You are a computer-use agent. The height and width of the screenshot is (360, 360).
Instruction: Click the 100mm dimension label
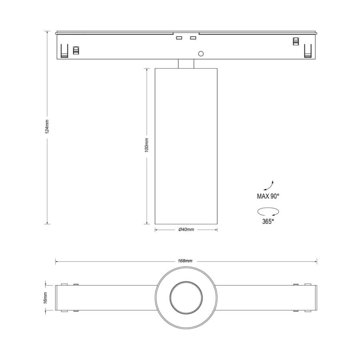click(x=147, y=145)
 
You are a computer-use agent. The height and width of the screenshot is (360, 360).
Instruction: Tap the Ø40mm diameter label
click(x=186, y=230)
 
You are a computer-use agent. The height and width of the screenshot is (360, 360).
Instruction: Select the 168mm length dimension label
click(x=185, y=261)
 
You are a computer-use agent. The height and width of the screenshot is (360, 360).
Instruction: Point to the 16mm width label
click(x=45, y=297)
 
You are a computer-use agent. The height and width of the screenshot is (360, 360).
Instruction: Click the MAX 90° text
click(x=268, y=196)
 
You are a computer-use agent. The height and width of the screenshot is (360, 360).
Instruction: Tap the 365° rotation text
click(x=268, y=221)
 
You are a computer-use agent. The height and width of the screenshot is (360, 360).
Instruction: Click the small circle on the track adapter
click(x=201, y=54)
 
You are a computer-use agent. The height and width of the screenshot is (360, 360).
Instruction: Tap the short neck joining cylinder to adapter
click(x=186, y=64)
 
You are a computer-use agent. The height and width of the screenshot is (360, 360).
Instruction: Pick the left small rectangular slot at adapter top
click(x=179, y=38)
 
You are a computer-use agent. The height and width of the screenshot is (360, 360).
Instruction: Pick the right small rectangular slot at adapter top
click(x=193, y=38)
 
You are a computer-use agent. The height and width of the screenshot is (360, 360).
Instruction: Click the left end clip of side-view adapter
click(x=63, y=51)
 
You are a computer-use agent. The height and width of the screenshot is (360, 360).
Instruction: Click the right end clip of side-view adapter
click(x=307, y=51)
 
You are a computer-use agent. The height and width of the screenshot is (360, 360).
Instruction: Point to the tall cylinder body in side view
click(x=186, y=146)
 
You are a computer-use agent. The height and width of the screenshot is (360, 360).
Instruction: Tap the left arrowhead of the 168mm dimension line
click(x=57, y=262)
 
